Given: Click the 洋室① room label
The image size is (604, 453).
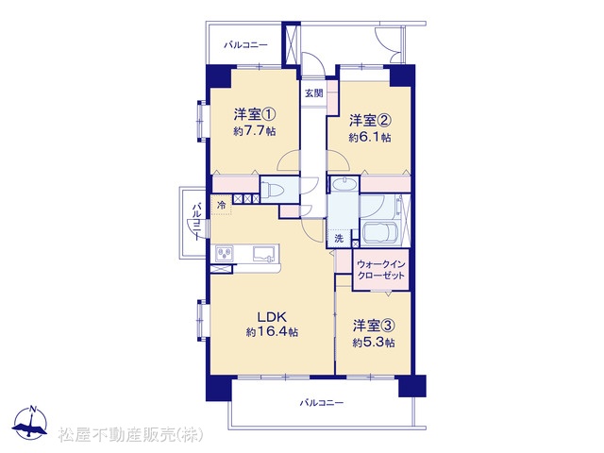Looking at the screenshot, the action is pyautogui.click(x=255, y=114).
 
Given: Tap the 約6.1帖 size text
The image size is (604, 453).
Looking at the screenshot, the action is pyautogui.click(x=370, y=138).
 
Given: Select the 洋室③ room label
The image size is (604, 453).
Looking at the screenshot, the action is pyautogui.click(x=374, y=326).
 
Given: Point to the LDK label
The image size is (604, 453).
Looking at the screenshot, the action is pyautogui.click(x=272, y=317).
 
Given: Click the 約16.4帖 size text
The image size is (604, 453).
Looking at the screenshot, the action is pyautogui.click(x=272, y=332).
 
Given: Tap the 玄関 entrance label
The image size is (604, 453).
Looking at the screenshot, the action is pyautogui.click(x=314, y=93).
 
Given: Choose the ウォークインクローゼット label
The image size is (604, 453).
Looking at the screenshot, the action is pyautogui.click(x=381, y=270).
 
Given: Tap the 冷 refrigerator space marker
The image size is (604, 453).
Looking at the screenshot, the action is pyautogui.click(x=222, y=205).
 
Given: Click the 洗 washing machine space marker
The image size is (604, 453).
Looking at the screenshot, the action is pyautogui.click(x=339, y=239).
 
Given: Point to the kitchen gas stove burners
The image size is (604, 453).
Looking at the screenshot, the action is pyautogui.click(x=225, y=254).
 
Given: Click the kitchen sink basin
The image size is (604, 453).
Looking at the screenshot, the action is pyautogui.click(x=264, y=254).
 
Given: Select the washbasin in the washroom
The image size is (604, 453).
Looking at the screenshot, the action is pyautogui.click(x=344, y=185).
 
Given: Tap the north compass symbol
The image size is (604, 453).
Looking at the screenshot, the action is pyautogui.click(x=30, y=422).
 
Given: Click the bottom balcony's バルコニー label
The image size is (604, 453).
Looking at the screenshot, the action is pyautogui.click(x=321, y=403).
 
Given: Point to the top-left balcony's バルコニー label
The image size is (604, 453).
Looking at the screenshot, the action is pyautogui.click(x=245, y=45).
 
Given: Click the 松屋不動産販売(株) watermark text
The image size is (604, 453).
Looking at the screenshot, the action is pyautogui.click(x=130, y=434).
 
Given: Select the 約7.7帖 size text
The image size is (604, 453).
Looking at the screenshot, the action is pyautogui.click(x=254, y=131).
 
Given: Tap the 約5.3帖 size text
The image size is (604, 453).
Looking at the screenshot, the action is pyautogui.click(x=374, y=343).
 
